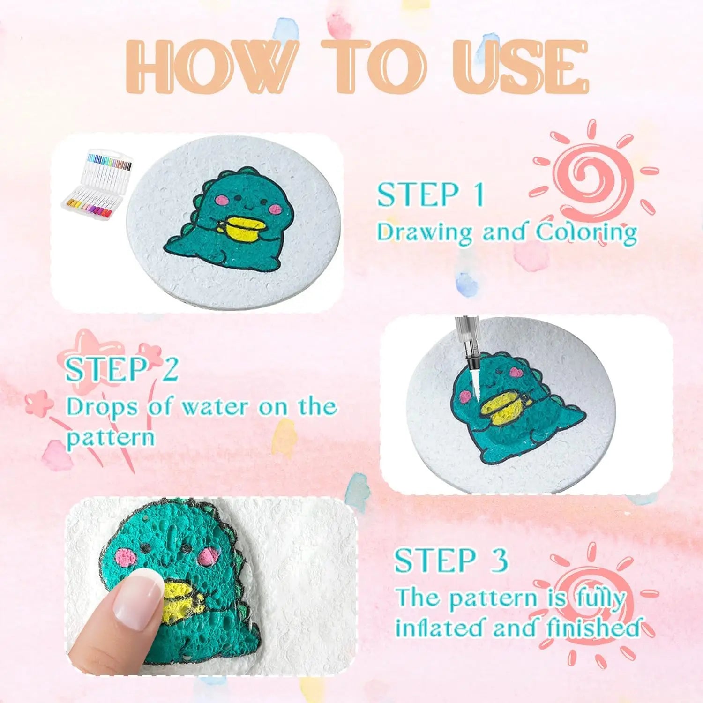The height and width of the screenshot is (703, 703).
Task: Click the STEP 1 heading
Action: coord(430,195)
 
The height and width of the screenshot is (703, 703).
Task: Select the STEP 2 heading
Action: coord(122,369)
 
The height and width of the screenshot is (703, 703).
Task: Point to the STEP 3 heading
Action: coord(451,561)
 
